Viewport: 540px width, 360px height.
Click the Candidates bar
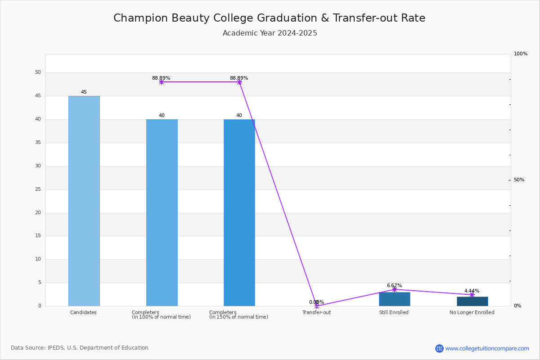(x=84, y=201)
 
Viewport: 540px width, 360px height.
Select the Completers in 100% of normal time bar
(x=162, y=213)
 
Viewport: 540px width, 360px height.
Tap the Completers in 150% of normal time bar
(x=239, y=213)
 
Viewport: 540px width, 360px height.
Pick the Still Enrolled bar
(x=395, y=299)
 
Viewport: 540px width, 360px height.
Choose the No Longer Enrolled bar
(x=472, y=301)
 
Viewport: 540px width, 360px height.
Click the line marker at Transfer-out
(x=317, y=306)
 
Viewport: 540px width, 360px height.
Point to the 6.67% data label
(x=394, y=285)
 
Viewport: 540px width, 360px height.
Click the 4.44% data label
(x=472, y=291)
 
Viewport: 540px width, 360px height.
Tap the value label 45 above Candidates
(x=84, y=92)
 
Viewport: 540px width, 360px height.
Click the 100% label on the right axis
(x=521, y=54)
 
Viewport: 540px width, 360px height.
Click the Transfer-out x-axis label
(x=316, y=312)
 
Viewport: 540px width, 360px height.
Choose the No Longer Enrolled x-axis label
(x=472, y=312)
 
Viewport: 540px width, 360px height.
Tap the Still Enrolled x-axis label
(x=394, y=312)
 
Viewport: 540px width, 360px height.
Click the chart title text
(x=270, y=18)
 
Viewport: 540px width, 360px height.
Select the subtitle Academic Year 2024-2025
(x=270, y=33)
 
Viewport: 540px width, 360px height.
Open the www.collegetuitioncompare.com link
(x=487, y=348)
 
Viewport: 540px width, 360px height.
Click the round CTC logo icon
(x=439, y=348)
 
